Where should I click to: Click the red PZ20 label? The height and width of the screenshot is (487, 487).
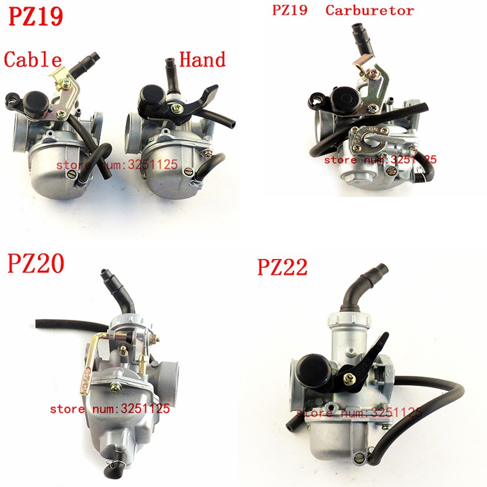[36, 263]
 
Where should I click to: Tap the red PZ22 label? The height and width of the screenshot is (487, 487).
[282, 267]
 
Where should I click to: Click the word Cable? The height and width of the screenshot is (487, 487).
[33, 59]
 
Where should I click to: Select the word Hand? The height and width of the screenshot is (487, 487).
[202, 59]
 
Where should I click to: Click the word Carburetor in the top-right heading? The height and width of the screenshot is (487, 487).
[370, 10]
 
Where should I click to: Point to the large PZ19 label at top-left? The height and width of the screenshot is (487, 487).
[36, 16]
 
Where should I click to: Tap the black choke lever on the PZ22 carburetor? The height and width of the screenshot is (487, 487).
[365, 364]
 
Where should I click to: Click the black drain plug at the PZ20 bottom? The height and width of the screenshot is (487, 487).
[111, 471]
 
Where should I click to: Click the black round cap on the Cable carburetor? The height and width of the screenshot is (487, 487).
[36, 102]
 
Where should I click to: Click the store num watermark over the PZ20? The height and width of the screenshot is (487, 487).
[110, 409]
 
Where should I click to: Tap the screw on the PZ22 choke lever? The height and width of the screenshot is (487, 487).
[348, 378]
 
